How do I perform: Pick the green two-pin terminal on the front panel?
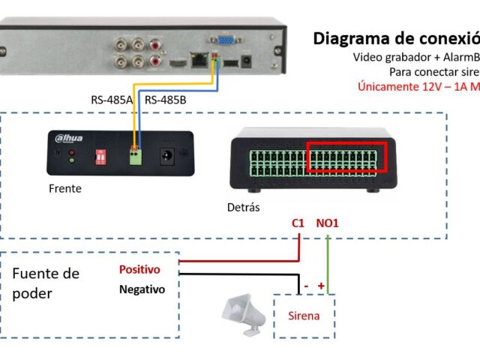136,157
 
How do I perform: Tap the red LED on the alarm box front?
71,151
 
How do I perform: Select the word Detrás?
243,207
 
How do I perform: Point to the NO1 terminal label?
328,223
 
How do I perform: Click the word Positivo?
141,269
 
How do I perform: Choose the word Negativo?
142,289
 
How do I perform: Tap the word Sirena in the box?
304,316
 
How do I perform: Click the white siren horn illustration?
244,311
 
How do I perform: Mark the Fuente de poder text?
46,283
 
